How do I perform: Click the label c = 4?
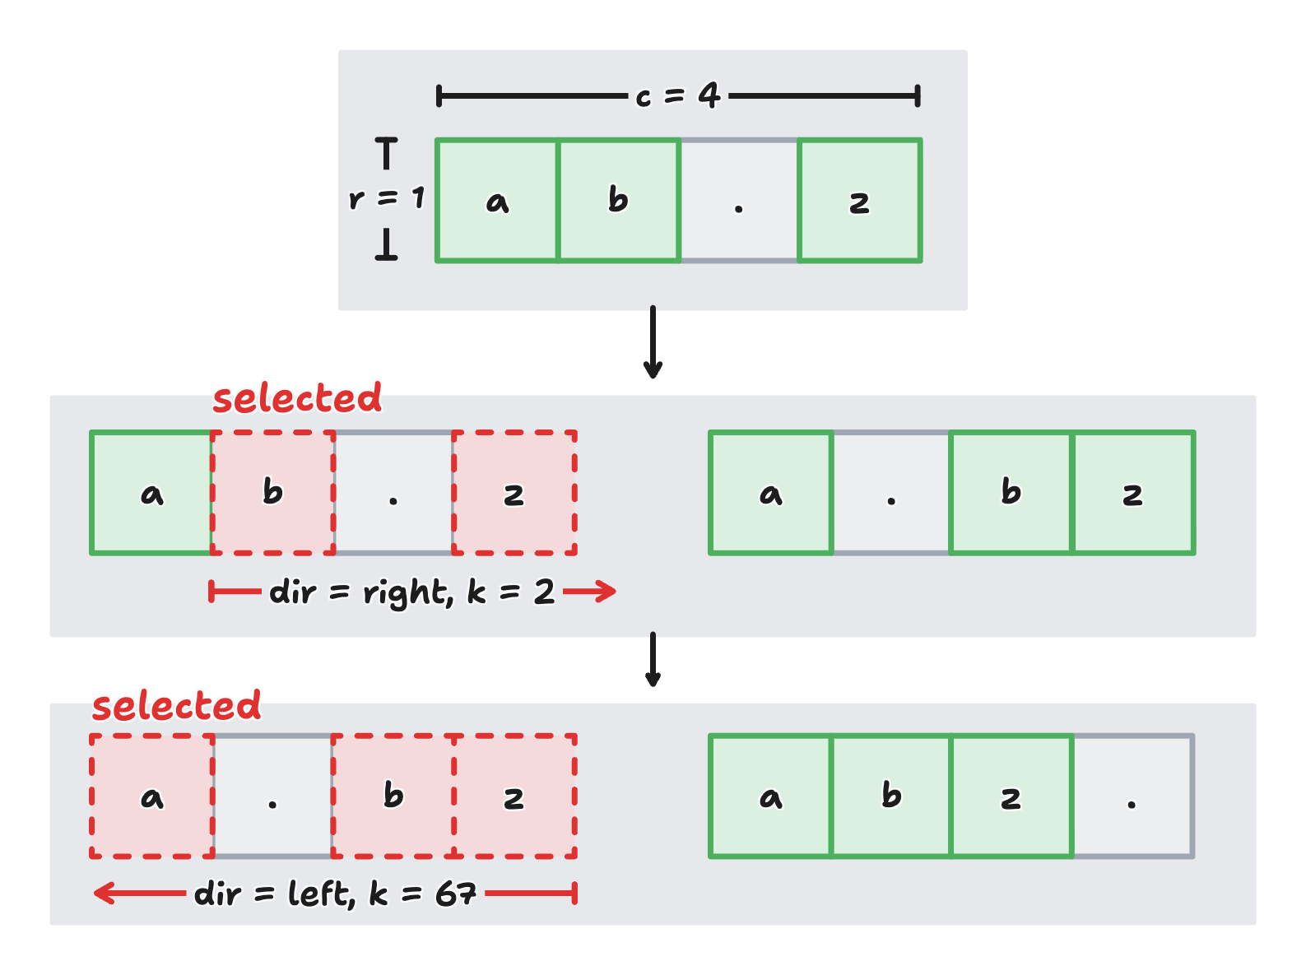click(x=677, y=96)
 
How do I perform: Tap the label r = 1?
click(x=386, y=198)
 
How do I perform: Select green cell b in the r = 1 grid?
click(x=619, y=200)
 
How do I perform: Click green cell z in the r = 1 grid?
click(x=859, y=201)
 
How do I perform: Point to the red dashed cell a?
click(x=152, y=796)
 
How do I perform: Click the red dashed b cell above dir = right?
click(x=273, y=492)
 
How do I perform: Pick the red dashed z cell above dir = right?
click(x=514, y=492)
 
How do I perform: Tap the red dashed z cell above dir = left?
click(x=514, y=796)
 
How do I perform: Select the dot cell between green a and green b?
click(x=891, y=492)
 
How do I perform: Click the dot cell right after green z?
click(x=1132, y=796)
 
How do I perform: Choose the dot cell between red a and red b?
click(x=272, y=796)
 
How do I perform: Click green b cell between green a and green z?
click(x=891, y=796)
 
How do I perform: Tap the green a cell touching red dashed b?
click(x=151, y=492)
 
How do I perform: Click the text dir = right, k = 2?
click(x=411, y=592)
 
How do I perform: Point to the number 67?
click(x=456, y=893)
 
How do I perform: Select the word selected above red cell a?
click(x=176, y=706)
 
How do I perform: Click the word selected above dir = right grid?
click(x=297, y=398)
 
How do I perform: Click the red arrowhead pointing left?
click(x=103, y=893)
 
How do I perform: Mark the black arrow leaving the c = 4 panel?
click(x=653, y=341)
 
